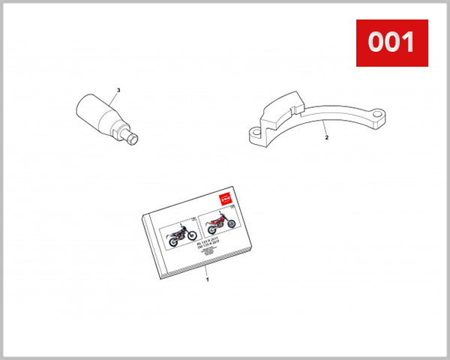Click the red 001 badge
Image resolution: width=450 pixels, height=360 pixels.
click(x=391, y=43)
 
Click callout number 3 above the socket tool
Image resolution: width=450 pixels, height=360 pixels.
click(x=117, y=91)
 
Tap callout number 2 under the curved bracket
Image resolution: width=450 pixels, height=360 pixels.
click(x=327, y=138)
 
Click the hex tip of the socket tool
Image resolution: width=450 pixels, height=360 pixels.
click(x=135, y=138)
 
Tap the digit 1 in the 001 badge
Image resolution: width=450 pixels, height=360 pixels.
click(x=407, y=43)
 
